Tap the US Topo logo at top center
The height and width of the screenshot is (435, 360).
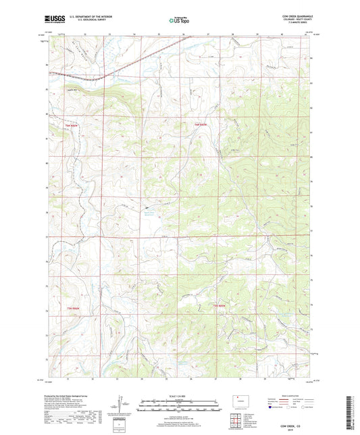point(178,20)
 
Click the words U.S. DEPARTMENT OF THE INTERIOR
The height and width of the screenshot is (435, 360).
point(97,16)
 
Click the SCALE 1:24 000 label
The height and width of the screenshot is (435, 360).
point(180,396)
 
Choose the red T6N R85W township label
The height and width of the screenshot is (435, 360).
point(200,124)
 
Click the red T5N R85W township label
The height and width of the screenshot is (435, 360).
point(218,308)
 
